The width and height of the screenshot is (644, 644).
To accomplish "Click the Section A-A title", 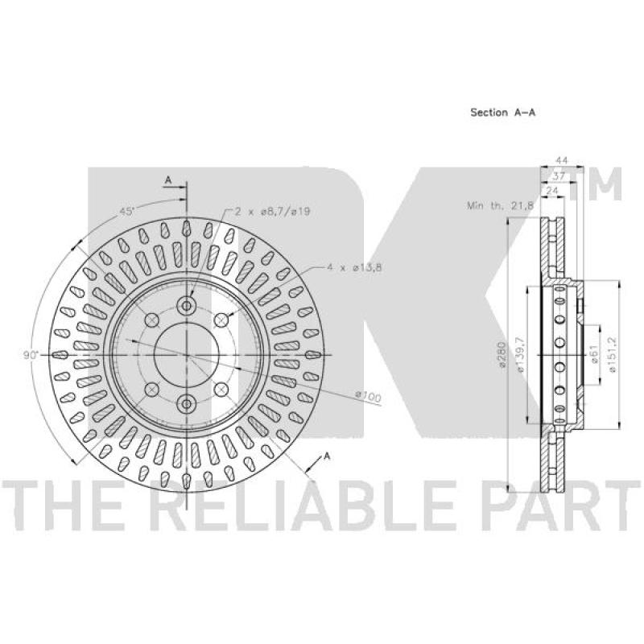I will point(503,113).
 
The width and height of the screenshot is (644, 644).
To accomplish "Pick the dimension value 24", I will point(552,190).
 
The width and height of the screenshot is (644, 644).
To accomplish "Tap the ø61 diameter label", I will point(593,355).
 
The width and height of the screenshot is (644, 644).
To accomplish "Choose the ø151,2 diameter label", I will point(613,355).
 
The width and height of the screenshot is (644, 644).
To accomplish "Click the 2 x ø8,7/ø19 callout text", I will point(273,211).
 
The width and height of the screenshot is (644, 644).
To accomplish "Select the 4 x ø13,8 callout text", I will point(353,266).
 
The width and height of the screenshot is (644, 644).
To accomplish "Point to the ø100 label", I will point(367,394).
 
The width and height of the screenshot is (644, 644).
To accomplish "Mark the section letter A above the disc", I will point(168,179).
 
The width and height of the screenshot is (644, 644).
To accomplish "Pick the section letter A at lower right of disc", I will point(327,456).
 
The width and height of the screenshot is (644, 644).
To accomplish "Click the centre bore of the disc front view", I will point(186,354).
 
